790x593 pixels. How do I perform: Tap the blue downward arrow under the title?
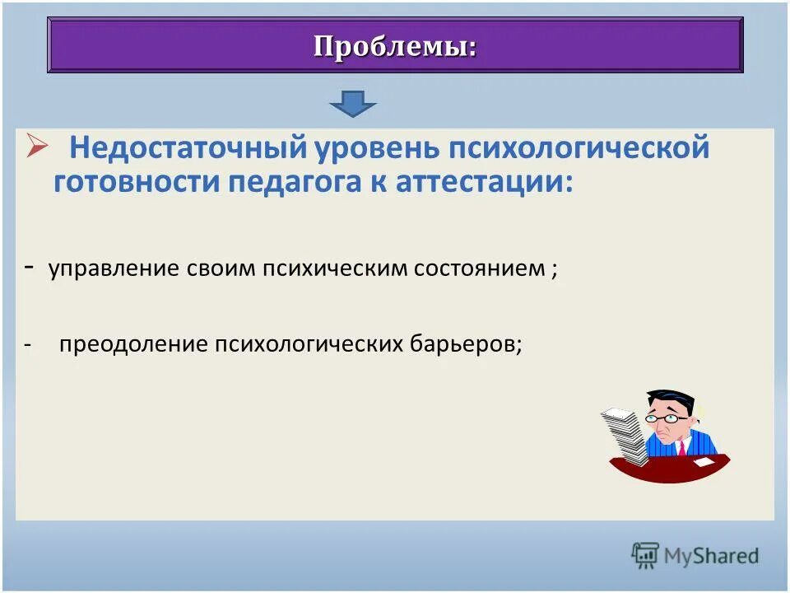(x=352, y=104)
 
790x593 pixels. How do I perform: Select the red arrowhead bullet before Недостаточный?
(x=38, y=146)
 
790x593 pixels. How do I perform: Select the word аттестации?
(x=481, y=181)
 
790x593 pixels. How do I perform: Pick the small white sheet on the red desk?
(x=704, y=464)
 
